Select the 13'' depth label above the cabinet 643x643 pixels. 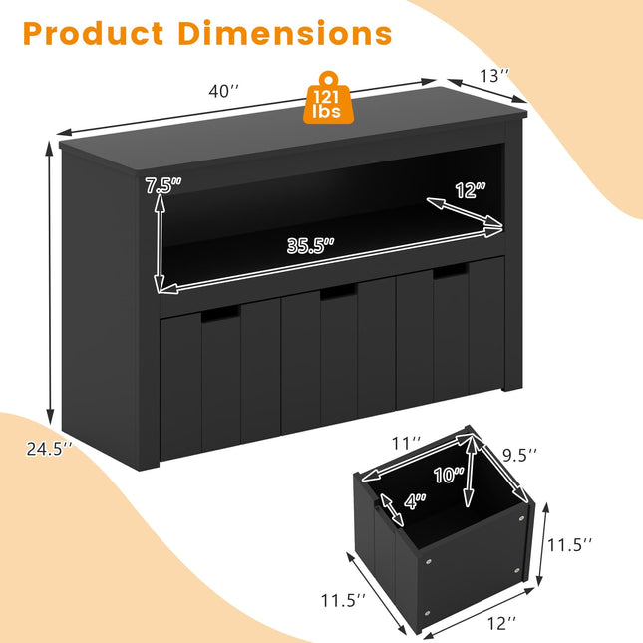(x=495, y=75)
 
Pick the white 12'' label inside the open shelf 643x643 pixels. (x=470, y=190)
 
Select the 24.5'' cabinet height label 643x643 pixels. (x=48, y=448)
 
